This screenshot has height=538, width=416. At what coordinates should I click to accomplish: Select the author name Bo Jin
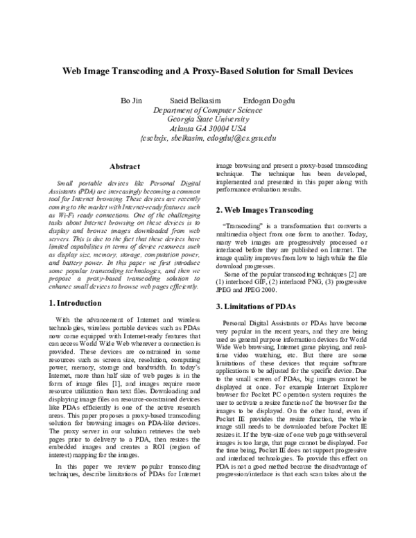[131, 100]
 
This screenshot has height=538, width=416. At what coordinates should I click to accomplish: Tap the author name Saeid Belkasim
[196, 100]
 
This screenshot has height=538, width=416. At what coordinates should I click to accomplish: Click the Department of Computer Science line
[208, 110]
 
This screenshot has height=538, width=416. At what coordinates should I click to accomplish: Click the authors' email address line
[208, 138]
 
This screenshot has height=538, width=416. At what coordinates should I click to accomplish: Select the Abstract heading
[125, 167]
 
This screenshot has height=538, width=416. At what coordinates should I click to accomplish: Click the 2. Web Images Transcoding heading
[260, 209]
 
